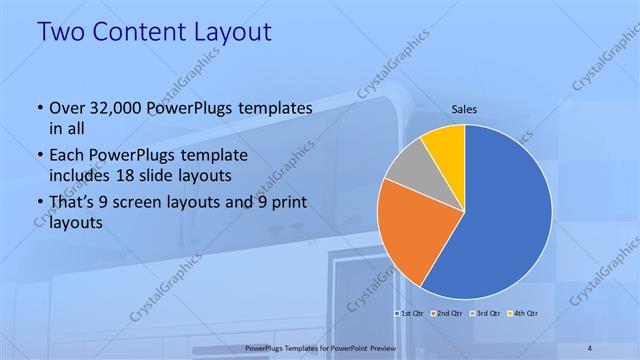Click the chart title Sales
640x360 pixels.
click(464, 108)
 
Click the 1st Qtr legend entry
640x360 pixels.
click(412, 313)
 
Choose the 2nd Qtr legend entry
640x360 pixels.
click(449, 313)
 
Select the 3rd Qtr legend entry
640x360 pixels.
click(486, 313)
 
